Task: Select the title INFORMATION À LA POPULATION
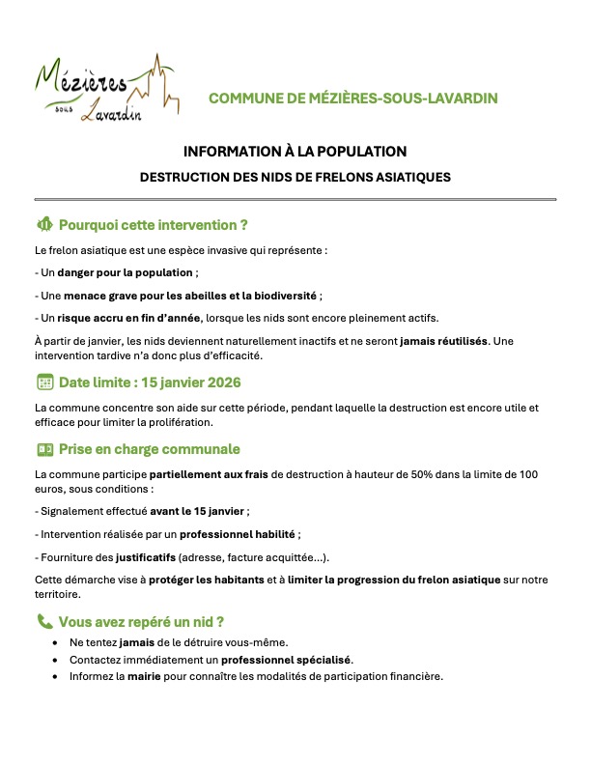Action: (295, 152)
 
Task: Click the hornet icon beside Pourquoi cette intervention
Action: (43, 225)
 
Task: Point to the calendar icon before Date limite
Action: (43, 382)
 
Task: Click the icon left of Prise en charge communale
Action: (43, 450)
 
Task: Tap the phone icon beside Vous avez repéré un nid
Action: (43, 622)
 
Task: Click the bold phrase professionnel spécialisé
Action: (287, 660)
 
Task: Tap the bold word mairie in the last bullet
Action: (143, 676)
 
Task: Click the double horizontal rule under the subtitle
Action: (295, 199)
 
